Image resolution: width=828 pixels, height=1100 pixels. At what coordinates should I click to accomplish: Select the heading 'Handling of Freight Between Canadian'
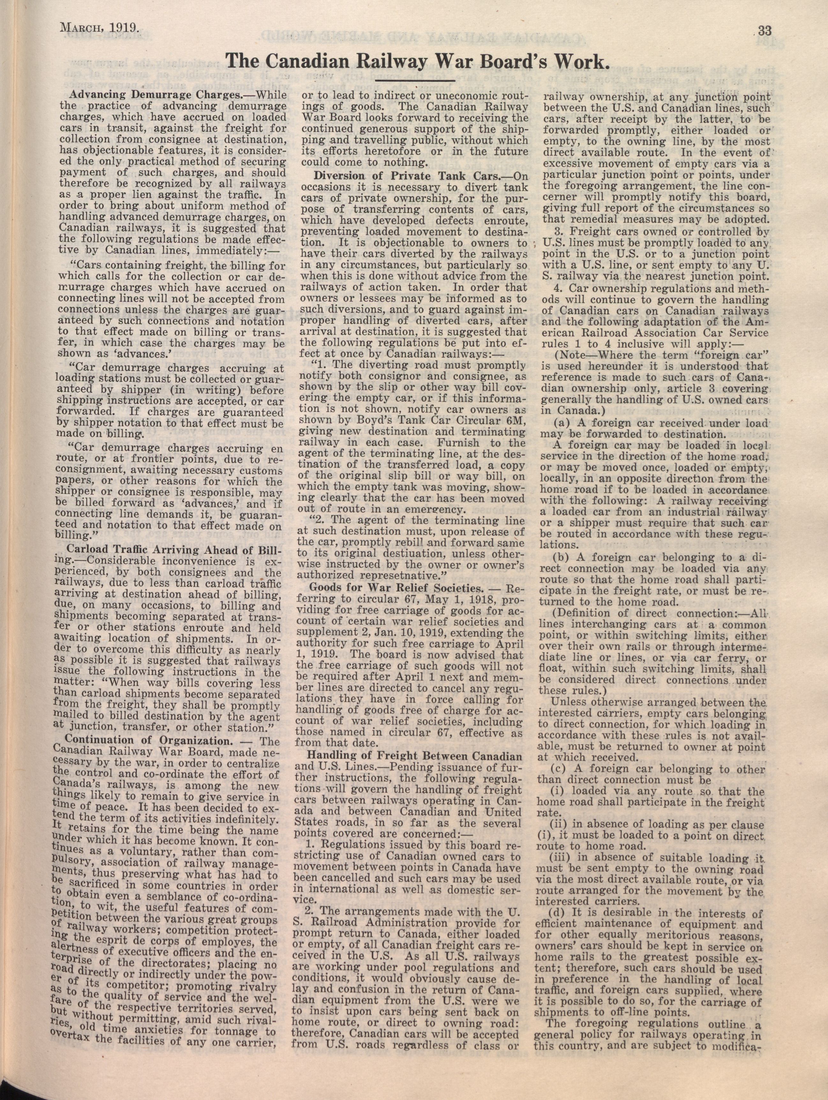pos(415,757)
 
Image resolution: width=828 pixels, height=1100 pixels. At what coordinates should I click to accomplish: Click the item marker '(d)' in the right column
pos(557,913)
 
